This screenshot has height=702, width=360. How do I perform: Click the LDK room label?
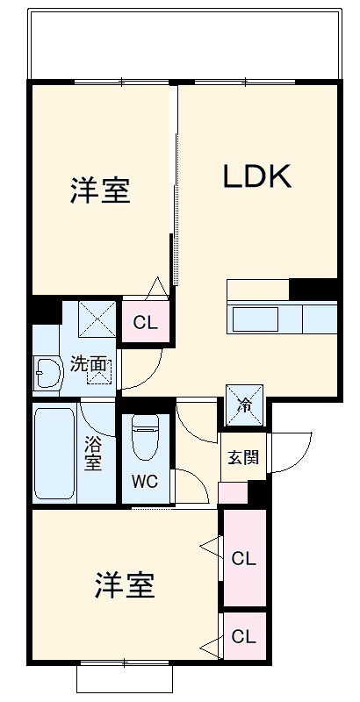point(256,177)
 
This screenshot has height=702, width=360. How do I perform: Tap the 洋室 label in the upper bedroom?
point(100,190)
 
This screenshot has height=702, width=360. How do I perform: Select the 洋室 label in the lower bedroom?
point(124,585)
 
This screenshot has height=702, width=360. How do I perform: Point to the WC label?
point(146,481)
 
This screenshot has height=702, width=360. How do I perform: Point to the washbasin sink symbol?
point(45,375)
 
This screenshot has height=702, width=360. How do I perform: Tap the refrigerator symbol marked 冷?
point(244,405)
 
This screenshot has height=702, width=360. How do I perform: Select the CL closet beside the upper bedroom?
point(146,322)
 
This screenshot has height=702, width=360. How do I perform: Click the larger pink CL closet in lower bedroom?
point(243,558)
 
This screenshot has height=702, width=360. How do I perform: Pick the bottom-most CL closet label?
point(243,636)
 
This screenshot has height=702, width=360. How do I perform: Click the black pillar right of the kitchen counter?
point(313,289)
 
